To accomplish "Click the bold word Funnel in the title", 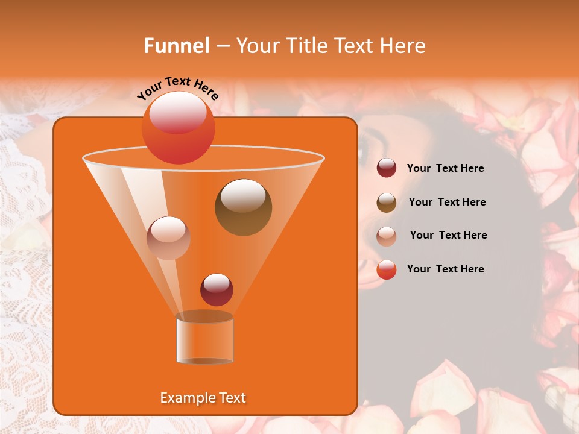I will coord(176,46).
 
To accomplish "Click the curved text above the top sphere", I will coord(178,88).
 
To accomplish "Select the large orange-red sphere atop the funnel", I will coord(178,128).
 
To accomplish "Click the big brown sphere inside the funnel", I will coord(243,207).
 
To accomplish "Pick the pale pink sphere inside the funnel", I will coord(168,238).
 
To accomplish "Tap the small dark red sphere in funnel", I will coord(217,289).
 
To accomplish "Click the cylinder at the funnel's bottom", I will coord(204,341).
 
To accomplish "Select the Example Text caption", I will coord(203,398).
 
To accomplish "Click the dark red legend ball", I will coord(387,168).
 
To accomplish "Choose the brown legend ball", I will coord(387,203).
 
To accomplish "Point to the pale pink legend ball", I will coord(387,236).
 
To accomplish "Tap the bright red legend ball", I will coord(387,269).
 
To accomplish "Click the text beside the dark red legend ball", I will coord(445,169).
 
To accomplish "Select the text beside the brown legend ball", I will coord(447,203).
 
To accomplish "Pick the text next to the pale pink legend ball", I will coord(448,236).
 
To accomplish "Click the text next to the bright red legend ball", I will coord(445,269).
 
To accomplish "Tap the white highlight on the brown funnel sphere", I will coord(242,196).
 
